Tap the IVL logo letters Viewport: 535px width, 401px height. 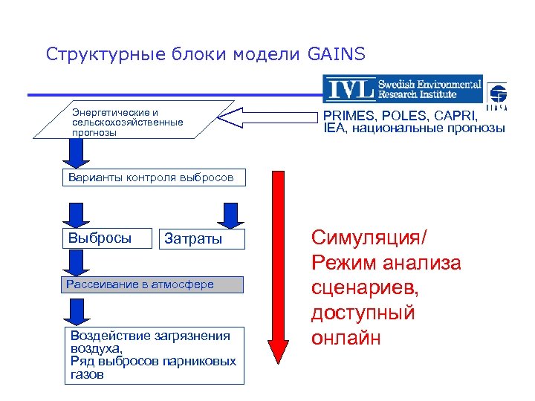pos(348,88)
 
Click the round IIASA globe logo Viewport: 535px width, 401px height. pos(496,94)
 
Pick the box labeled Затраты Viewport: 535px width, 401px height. pos(192,239)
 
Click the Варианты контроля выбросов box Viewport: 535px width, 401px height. pos(152,178)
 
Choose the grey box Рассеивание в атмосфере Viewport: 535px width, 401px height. pos(152,284)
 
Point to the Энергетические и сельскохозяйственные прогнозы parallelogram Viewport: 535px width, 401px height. pos(134,119)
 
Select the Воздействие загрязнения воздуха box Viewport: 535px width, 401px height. pos(152,355)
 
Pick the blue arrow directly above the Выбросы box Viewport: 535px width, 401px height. pos(76,213)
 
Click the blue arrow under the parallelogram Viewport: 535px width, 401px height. pos(76,154)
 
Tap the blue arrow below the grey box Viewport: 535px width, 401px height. pos(76,307)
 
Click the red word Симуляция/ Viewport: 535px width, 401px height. pos(369,239)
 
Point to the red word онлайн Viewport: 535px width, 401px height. pos(347,338)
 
